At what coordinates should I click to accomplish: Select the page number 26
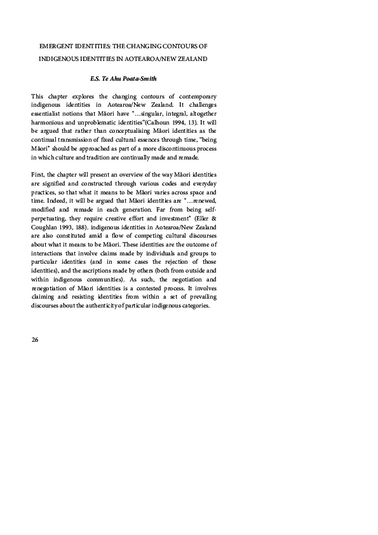coord(35,340)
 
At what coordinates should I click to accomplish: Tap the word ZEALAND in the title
coord(190,58)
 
